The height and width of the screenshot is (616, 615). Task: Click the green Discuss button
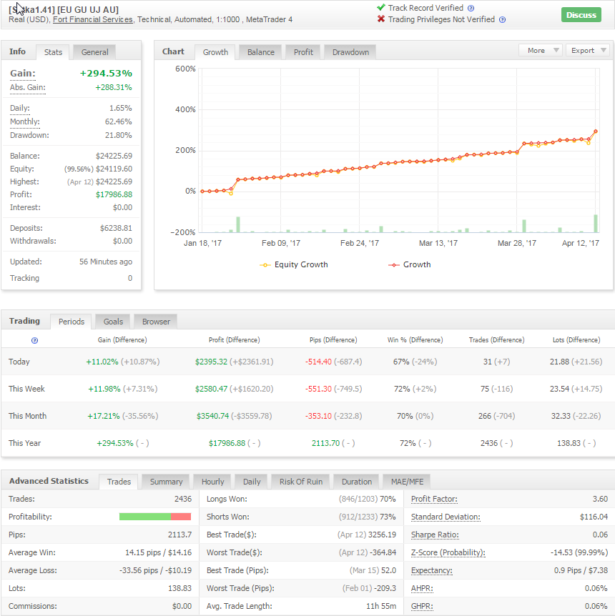(581, 15)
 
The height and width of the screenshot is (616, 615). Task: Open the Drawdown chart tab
(350, 52)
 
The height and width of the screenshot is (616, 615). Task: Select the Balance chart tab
(261, 52)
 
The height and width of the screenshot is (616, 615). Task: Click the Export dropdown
(588, 50)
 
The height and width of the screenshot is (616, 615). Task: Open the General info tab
(95, 52)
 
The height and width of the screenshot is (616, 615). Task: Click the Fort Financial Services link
(93, 19)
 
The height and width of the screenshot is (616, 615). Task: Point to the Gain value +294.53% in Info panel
(106, 74)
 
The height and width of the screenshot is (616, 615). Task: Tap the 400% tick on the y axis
(185, 109)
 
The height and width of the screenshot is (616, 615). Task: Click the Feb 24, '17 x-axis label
(360, 243)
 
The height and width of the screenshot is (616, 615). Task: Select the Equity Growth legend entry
(294, 265)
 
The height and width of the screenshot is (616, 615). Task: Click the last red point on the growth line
(596, 131)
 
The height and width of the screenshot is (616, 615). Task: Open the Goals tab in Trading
(113, 322)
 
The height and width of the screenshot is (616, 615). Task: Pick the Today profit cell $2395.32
(211, 362)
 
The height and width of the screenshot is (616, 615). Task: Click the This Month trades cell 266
(484, 416)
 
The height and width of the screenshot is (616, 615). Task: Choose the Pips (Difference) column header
(333, 340)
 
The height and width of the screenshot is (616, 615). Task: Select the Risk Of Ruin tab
(301, 482)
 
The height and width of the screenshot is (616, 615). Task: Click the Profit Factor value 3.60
(600, 499)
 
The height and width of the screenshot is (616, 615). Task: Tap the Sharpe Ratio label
(435, 535)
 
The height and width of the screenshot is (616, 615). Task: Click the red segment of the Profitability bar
(181, 517)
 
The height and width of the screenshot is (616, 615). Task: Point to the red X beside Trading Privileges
(380, 19)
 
